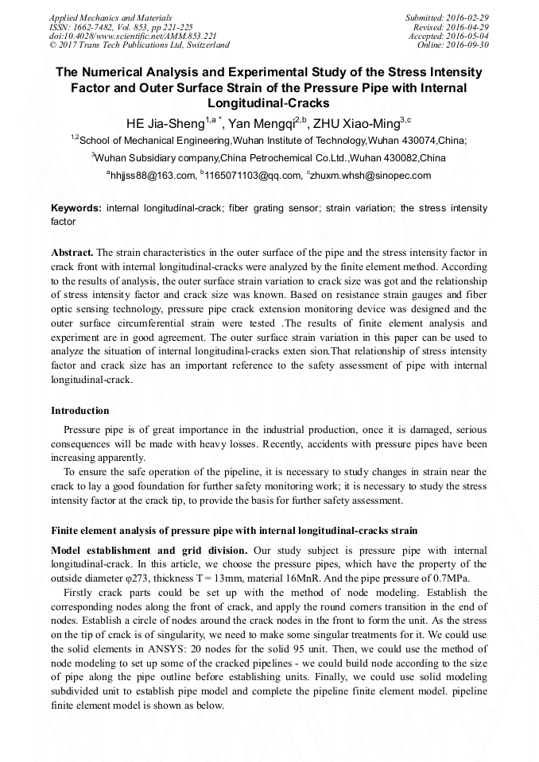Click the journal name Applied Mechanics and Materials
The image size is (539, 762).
point(101,17)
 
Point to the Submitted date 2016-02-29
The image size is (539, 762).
point(467,17)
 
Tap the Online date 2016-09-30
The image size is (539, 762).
point(470,45)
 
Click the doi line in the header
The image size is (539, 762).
point(133,36)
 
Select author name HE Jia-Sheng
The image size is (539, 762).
point(165,124)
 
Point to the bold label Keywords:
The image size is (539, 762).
point(76,208)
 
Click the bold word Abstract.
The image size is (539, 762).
point(72,252)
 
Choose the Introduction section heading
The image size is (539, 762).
point(80,411)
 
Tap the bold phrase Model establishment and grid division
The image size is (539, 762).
point(149,551)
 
